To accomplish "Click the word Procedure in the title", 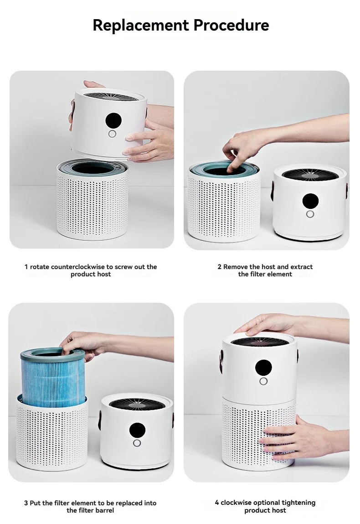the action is pyautogui.click(x=231, y=25).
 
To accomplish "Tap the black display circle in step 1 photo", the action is pyautogui.click(x=113, y=120).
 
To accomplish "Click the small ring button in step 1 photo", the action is pyautogui.click(x=112, y=134).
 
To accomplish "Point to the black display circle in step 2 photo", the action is pyautogui.click(x=310, y=201).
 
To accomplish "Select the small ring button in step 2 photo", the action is pyautogui.click(x=310, y=214).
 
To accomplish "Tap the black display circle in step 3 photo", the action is pyautogui.click(x=137, y=431).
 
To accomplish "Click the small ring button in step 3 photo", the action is pyautogui.click(x=137, y=443).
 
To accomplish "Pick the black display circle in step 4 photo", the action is pyautogui.click(x=263, y=368).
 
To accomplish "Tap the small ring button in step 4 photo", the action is pyautogui.click(x=263, y=381).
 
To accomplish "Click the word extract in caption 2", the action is pyautogui.click(x=302, y=267).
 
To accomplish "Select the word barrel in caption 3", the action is pyautogui.click(x=104, y=510).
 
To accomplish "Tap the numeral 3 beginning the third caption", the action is pyautogui.click(x=26, y=503).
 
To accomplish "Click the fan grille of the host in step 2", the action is pyautogui.click(x=310, y=175).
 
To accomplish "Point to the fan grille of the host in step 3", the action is pyautogui.click(x=137, y=404).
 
